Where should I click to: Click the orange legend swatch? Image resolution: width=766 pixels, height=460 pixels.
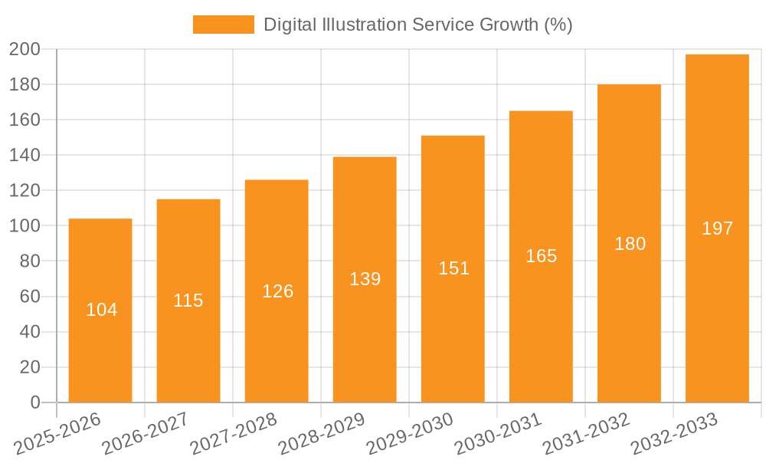pos(223,25)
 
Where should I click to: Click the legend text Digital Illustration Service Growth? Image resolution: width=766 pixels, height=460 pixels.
pos(417,25)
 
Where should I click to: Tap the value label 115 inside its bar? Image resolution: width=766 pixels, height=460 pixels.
pos(188,301)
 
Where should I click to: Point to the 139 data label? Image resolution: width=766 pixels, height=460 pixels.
pos(365,279)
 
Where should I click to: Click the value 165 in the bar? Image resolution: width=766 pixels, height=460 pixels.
pos(541,256)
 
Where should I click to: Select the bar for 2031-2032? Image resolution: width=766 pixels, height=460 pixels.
pos(629,322)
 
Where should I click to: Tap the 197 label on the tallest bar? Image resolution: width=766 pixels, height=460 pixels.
pos(717,228)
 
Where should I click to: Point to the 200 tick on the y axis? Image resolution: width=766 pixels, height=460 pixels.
pos(25,49)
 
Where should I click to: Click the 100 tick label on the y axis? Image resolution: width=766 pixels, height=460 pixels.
pos(25,226)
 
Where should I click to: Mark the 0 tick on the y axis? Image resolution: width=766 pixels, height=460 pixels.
pos(35,402)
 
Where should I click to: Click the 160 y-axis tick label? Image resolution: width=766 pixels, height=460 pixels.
pos(25,120)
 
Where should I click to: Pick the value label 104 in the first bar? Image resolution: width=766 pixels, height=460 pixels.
pos(101,310)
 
